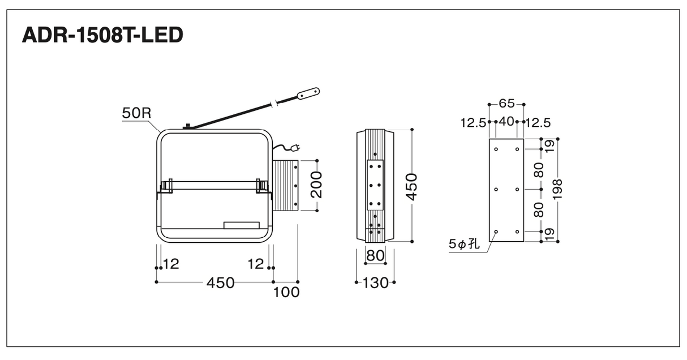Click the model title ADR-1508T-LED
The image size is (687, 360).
pos(102,35)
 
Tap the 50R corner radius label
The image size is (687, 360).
pos(137,113)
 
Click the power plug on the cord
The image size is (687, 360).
pos(296,148)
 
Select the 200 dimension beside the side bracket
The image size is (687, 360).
pos(316,185)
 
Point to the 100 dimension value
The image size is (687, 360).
pos(286,292)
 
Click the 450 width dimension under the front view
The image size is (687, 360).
pos(221,282)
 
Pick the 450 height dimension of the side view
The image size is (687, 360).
pos(411,187)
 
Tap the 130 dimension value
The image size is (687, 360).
pos(375,282)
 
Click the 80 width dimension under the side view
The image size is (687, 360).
pos(375,255)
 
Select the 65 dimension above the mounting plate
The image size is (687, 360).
pos(506,104)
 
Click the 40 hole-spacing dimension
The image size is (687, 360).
pos(506,122)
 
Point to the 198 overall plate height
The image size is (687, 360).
pos(557,190)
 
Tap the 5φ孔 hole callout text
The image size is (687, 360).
pos(464,244)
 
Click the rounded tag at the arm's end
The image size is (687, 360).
pos(308,93)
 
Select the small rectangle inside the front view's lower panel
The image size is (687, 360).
pos(242,225)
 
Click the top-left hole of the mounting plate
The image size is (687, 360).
pos(496,149)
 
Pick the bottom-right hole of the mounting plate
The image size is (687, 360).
pos(517,232)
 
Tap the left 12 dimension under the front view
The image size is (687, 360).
pos(171,264)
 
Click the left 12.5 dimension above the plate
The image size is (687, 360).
pos(473,123)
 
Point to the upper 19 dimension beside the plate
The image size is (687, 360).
pos(549,146)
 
